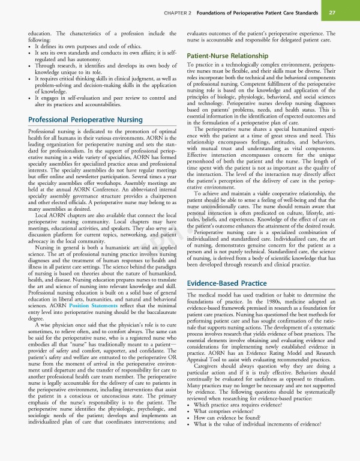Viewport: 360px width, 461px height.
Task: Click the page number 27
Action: (332, 13)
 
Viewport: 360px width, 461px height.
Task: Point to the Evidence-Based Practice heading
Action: (227, 282)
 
